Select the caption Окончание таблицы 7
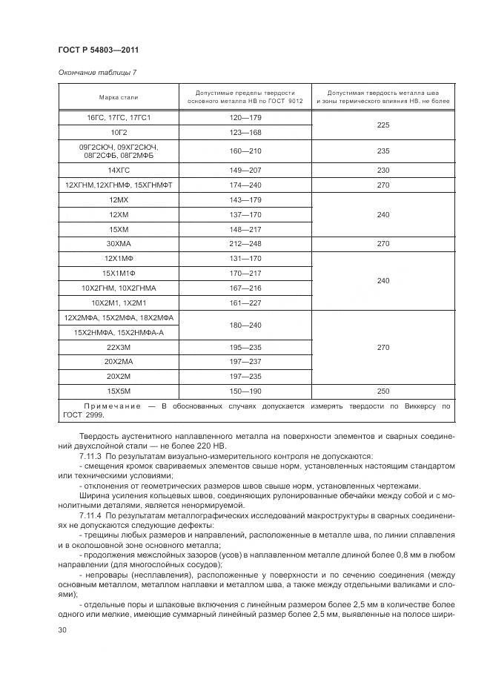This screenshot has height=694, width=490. click(x=97, y=72)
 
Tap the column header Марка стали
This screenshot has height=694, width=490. click(x=119, y=97)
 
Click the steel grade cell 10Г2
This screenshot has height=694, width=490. click(x=119, y=133)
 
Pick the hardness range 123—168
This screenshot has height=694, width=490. click(x=245, y=133)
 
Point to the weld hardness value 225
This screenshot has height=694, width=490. click(x=383, y=125)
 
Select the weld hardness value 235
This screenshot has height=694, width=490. click(x=383, y=151)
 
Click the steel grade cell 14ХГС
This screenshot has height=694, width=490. click(x=119, y=170)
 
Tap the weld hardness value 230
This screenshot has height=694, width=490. click(x=383, y=170)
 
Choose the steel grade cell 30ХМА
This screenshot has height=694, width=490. click(x=119, y=242)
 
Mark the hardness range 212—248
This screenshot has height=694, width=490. click(x=245, y=242)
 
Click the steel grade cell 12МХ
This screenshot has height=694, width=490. click(x=119, y=199)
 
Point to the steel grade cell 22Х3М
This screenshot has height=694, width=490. click(x=119, y=347)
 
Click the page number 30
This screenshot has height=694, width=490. click(x=62, y=629)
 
